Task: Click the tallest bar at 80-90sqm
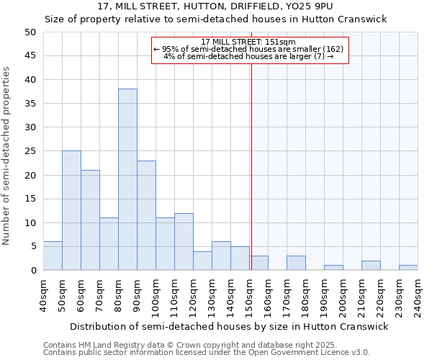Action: (127, 179)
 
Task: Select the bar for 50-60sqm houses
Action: (71, 210)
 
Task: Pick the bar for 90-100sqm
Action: (146, 215)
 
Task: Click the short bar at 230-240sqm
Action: (408, 268)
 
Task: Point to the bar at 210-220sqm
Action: (371, 266)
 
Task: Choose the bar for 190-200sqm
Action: (333, 268)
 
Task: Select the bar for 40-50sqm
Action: (53, 256)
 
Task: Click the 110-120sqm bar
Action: (184, 241)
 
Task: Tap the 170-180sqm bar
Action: (296, 263)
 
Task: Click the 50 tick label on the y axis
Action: (30, 32)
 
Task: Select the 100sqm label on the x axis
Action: (156, 296)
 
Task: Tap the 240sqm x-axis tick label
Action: (418, 296)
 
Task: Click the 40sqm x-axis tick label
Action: (44, 296)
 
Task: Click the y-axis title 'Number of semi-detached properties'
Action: (7, 156)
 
